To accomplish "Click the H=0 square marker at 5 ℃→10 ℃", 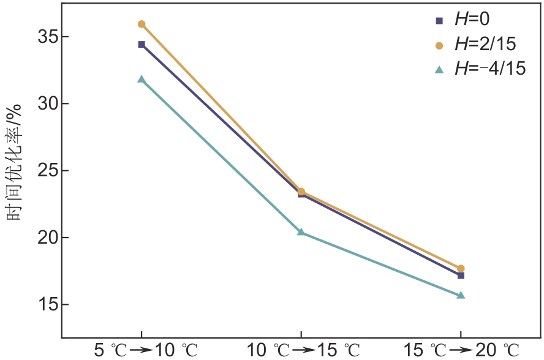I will (142, 44).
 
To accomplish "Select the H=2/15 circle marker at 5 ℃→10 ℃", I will (142, 24).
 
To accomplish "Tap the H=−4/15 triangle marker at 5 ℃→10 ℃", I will (142, 79).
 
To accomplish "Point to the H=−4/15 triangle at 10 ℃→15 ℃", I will (301, 232).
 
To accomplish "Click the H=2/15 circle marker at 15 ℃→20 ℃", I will (461, 268).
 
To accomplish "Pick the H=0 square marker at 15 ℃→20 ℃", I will (461, 276).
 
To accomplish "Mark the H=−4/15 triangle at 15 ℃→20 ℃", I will (461, 295).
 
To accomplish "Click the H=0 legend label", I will (472, 20).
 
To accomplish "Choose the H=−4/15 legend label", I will (489, 69).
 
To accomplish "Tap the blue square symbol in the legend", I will (439, 20).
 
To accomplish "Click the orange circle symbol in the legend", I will (439, 45).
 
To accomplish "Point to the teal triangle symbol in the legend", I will (439, 70).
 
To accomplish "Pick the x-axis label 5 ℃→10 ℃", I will (146, 351).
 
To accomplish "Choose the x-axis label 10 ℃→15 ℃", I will (303, 351).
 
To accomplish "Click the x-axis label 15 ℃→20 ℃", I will (463, 351).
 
